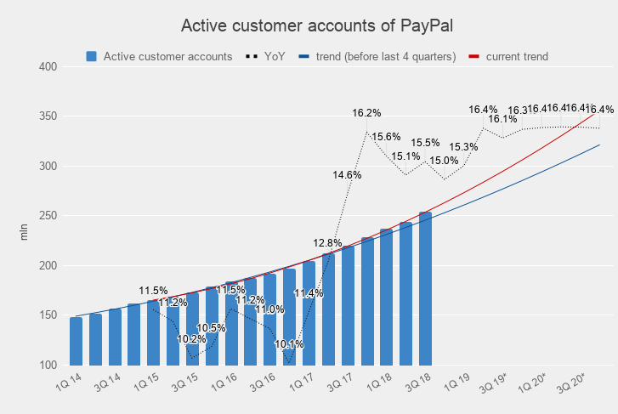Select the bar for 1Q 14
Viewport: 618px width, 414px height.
(77, 341)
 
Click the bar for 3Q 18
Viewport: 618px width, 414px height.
(425, 289)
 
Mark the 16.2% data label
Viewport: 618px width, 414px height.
(366, 113)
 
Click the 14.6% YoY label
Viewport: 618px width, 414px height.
(348, 175)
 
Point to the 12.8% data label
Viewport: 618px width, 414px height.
(327, 243)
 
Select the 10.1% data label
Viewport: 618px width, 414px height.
(289, 344)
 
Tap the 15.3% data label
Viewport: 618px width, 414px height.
(464, 147)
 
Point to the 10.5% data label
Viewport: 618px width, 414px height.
(212, 328)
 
